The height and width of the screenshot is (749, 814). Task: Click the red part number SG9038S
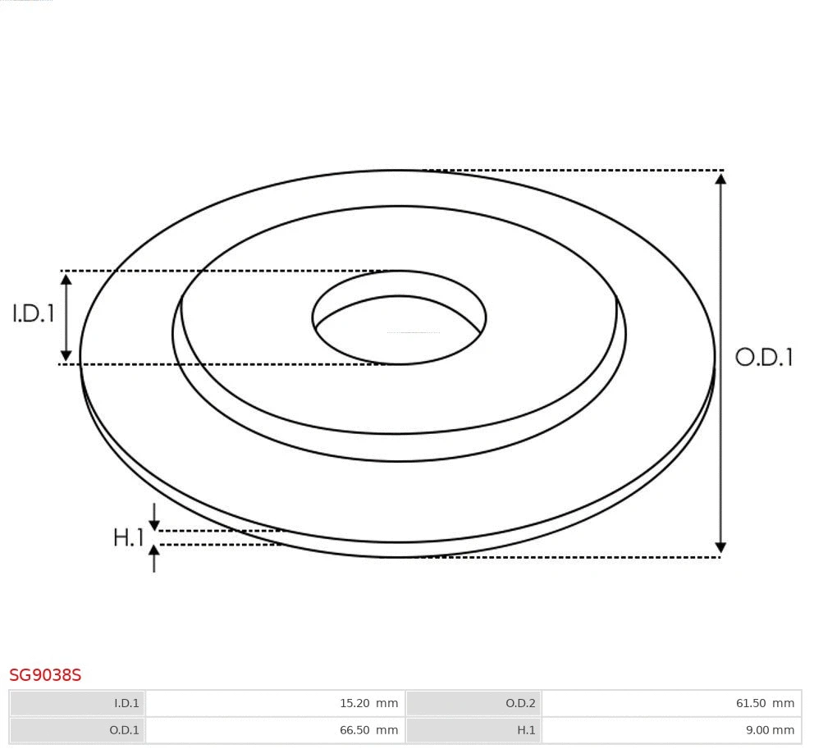pyautogui.click(x=45, y=675)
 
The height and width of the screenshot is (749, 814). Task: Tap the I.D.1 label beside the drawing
pyautogui.click(x=34, y=313)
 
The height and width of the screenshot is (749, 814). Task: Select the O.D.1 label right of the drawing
pyautogui.click(x=764, y=357)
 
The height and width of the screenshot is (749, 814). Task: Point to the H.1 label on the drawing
pyautogui.click(x=129, y=538)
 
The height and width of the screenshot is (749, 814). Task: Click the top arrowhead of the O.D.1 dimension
pyautogui.click(x=720, y=178)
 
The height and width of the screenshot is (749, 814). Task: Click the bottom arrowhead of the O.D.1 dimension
pyautogui.click(x=720, y=547)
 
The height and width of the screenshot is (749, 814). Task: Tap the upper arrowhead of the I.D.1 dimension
pyautogui.click(x=66, y=279)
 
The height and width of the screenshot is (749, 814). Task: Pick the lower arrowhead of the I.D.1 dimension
pyautogui.click(x=66, y=355)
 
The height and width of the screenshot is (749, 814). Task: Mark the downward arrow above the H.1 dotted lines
pyautogui.click(x=154, y=520)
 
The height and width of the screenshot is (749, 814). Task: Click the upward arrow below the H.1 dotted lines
pyautogui.click(x=154, y=555)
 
